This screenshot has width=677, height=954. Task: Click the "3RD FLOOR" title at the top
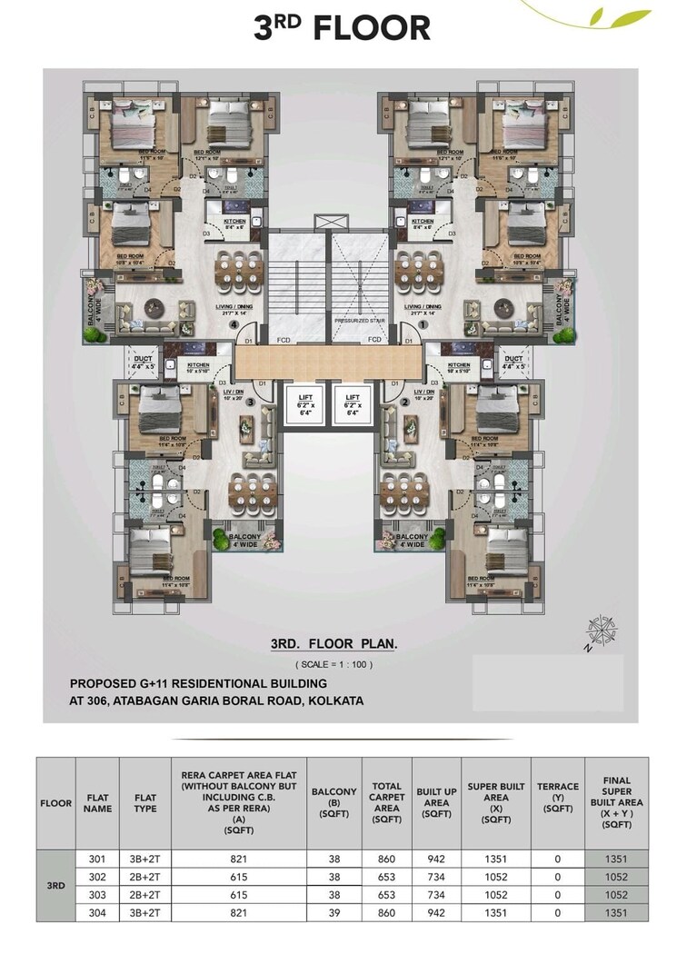[x=343, y=27]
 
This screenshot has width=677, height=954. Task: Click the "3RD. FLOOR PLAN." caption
[x=334, y=643]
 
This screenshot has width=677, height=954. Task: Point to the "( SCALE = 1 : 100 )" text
[x=334, y=664]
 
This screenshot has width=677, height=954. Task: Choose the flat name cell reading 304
[x=97, y=911]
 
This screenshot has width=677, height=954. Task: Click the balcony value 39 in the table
[x=334, y=911]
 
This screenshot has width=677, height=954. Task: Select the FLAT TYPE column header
[x=144, y=803]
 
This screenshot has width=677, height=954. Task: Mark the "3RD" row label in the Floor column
[x=55, y=884]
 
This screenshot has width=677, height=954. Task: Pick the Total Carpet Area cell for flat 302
[x=387, y=876]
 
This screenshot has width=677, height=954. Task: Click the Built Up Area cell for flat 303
[x=436, y=894]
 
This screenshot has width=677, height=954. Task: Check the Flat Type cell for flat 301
[x=144, y=858]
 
